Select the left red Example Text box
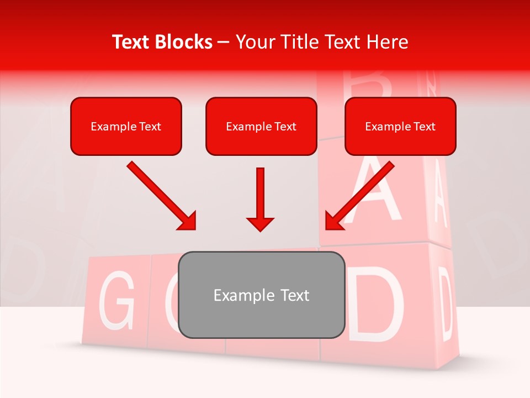pos(126,126)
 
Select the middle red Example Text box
pos(261,126)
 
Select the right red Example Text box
pos(400,126)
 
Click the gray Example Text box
pos(262,295)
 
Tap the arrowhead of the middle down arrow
pos(261,223)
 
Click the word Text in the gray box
pos(293,295)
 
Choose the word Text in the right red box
pos(424,127)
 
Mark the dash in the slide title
pos(224,43)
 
